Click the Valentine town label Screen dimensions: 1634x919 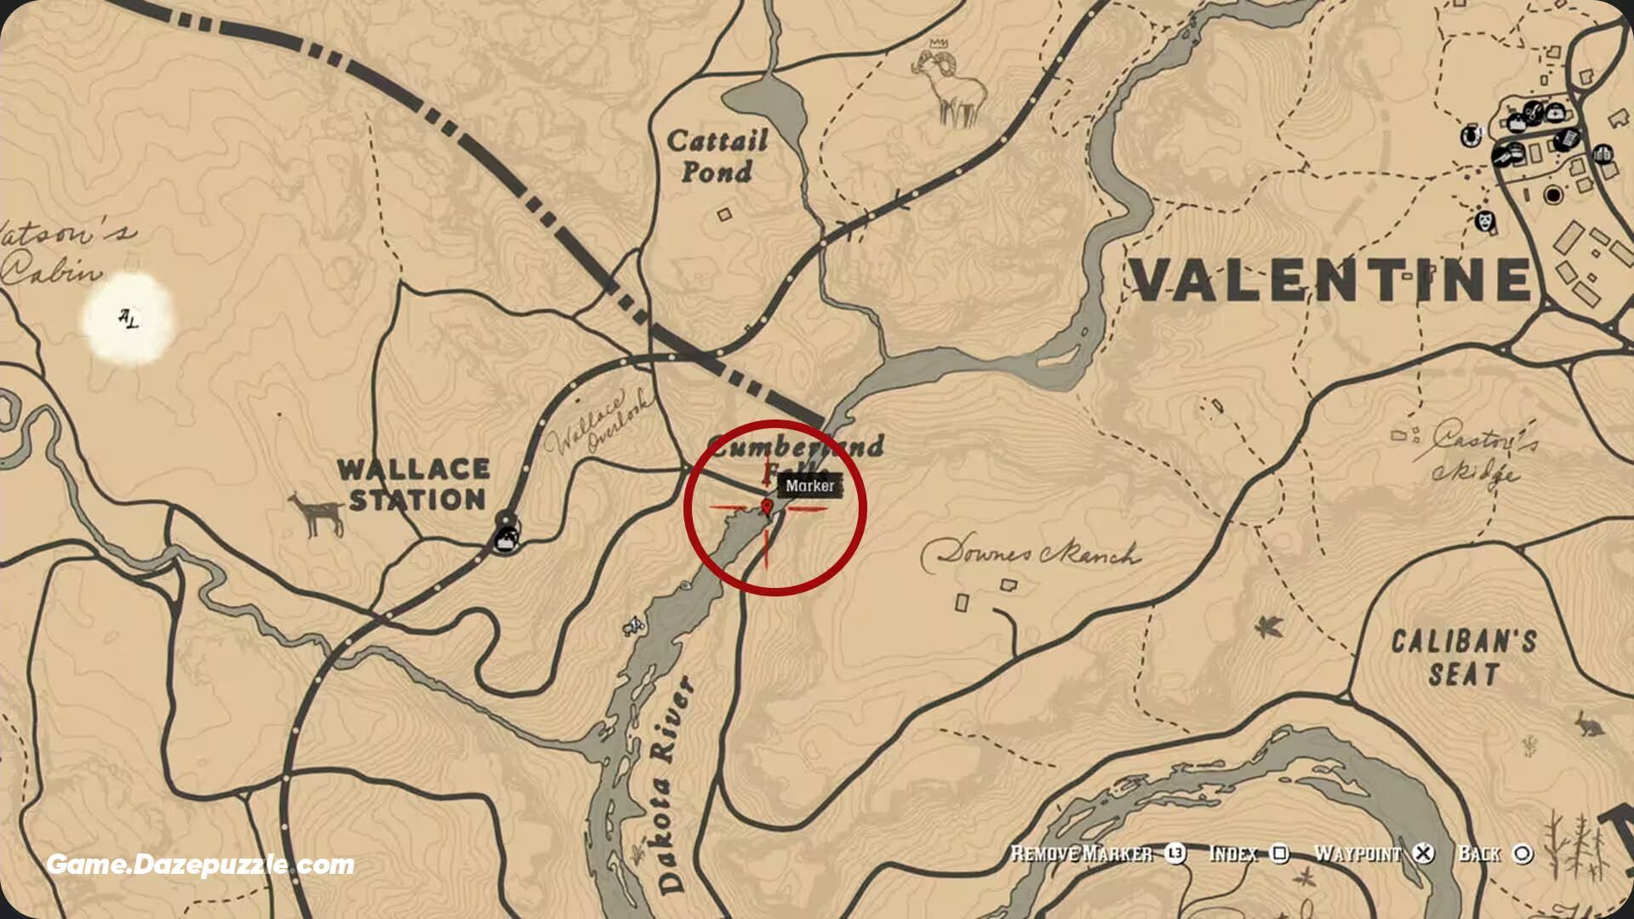pos(1330,280)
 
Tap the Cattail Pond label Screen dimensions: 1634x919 pos(717,156)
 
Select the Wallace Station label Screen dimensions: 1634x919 pos(414,484)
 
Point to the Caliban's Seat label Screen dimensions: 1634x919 pos(1463,657)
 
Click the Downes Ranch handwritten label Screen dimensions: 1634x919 pos(1030,554)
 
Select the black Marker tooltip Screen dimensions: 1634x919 pos(809,486)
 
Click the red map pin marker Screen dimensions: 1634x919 pos(768,508)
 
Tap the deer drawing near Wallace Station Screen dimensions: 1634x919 pos(317,513)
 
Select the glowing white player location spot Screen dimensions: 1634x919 pos(129,320)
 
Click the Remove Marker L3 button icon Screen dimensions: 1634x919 pos(1175,853)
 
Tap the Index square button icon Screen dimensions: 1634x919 pos(1279,853)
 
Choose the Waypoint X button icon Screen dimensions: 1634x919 pos(1423,853)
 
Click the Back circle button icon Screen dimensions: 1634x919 pos(1523,853)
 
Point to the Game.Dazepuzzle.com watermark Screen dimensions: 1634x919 pos(200,865)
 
